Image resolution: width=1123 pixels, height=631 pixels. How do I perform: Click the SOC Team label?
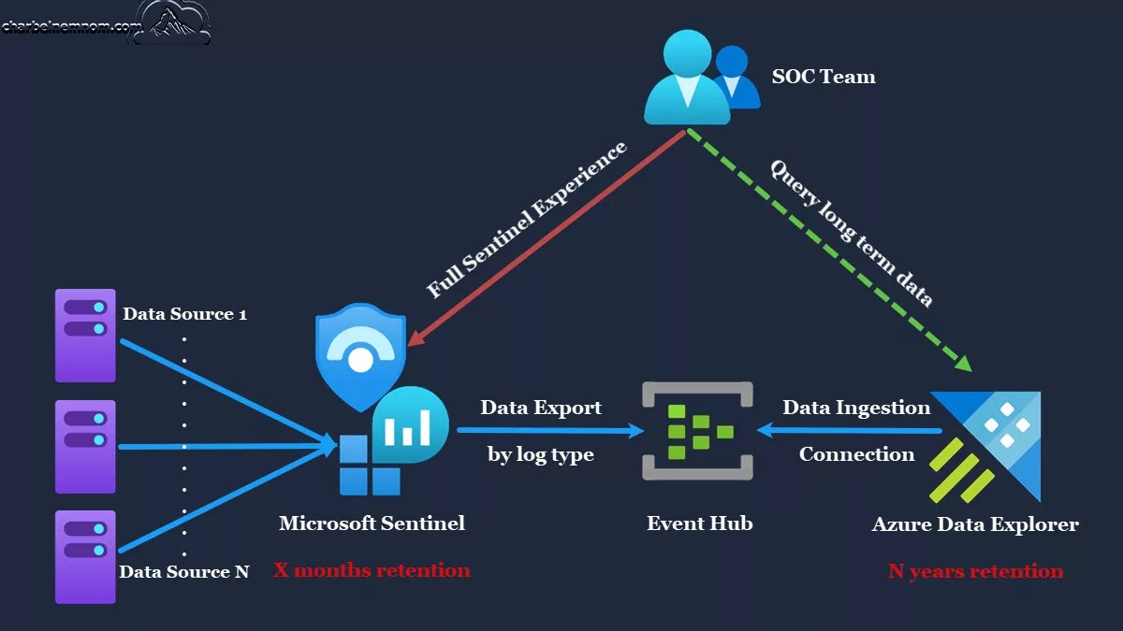click(x=823, y=77)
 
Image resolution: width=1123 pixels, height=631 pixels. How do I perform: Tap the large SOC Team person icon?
click(x=685, y=79)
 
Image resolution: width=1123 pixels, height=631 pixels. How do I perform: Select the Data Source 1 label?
click(x=184, y=314)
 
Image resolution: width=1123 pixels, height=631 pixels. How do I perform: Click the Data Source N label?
click(x=184, y=571)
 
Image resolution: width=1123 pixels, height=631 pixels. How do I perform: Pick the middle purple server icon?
click(x=85, y=446)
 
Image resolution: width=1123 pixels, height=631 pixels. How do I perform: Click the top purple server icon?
click(x=85, y=335)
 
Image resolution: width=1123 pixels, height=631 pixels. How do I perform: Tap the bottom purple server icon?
click(x=85, y=556)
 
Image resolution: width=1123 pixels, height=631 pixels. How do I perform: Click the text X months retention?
click(x=372, y=570)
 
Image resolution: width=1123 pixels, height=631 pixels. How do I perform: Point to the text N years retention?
click(x=975, y=571)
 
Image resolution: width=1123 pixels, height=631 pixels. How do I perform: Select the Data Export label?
click(x=541, y=408)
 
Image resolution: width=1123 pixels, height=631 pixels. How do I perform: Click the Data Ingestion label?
click(x=856, y=408)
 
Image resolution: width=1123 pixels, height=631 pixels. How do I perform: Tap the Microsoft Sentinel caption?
click(x=372, y=523)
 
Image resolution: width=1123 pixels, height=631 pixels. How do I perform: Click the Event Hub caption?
click(x=699, y=523)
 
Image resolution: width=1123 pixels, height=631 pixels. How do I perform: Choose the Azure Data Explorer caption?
click(x=975, y=524)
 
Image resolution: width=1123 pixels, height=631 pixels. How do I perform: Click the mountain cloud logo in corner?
click(x=173, y=23)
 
